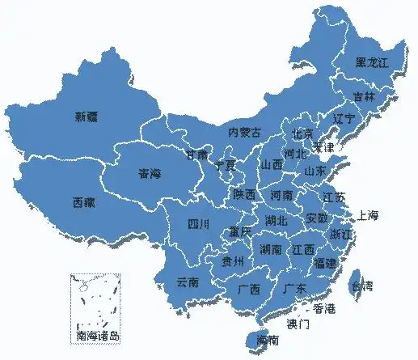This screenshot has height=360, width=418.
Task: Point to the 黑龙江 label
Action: [x=373, y=62]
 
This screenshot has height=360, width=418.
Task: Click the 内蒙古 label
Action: [x=245, y=132]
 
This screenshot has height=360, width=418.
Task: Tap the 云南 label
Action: [x=187, y=282]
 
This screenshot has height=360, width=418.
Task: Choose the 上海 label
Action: [x=367, y=215]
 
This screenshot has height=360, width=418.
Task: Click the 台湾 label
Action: [x=361, y=286]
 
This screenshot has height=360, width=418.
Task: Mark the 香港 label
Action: [x=324, y=308]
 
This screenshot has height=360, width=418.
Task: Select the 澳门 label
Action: [x=298, y=324]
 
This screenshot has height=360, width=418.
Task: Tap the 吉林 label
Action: [x=364, y=96]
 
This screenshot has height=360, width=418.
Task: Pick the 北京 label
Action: [x=302, y=133]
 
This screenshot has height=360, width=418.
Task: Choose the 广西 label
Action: [x=249, y=289]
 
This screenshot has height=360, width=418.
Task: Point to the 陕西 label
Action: [x=244, y=195]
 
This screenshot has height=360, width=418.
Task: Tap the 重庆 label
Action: [x=240, y=231]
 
